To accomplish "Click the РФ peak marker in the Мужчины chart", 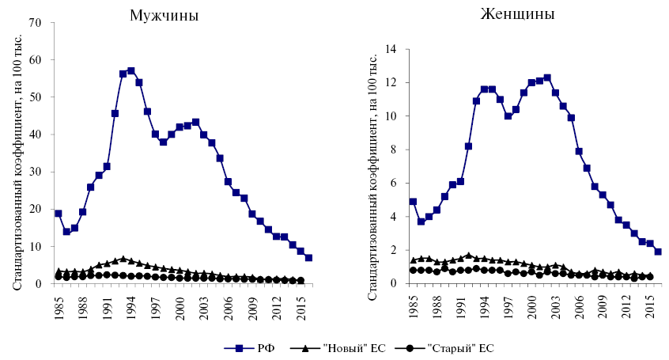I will (131, 70).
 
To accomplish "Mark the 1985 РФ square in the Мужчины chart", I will (58, 214).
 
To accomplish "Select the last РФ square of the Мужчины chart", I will (308, 258).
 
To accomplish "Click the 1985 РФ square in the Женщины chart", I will (413, 202).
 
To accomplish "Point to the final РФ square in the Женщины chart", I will (658, 252).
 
